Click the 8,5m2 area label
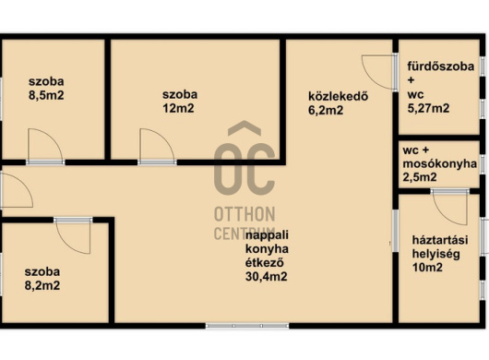46,95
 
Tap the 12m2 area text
178,109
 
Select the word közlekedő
338,96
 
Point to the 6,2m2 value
326,111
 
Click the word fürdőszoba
441,66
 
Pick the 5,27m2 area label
428,108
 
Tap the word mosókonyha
440,164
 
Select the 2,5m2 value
420,177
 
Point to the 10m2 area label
427,268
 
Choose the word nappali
267,234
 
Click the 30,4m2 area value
267,277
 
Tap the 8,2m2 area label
42,286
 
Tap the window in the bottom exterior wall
247,326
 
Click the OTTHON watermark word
244,214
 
